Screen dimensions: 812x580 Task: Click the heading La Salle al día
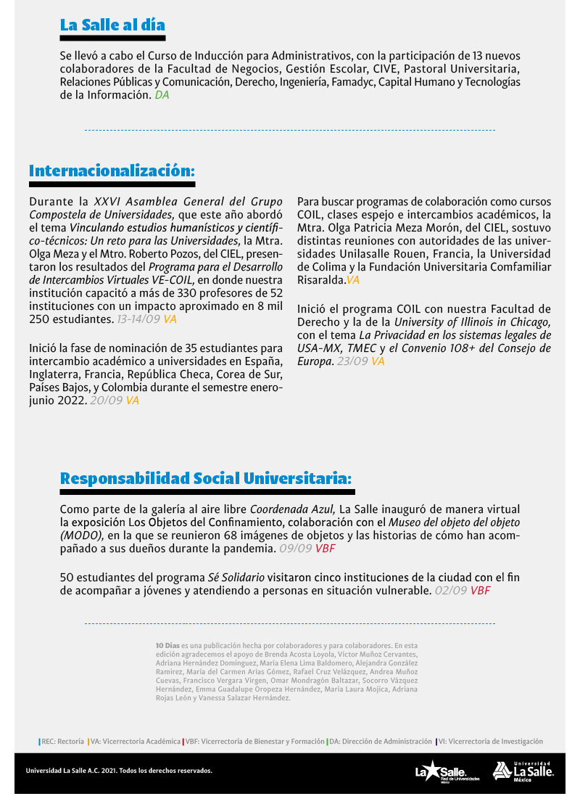(112, 25)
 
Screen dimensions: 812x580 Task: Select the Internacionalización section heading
(112, 171)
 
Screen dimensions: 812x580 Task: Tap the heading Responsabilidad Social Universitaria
(206, 478)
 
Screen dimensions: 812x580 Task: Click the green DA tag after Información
(162, 95)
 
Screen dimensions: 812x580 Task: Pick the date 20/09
(106, 400)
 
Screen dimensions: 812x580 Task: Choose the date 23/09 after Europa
(352, 361)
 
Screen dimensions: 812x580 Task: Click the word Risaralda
(321, 279)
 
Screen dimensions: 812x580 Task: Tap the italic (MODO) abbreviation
(82, 536)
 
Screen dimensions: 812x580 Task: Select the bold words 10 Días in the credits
(167, 644)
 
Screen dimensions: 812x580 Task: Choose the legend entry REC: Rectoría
(61, 742)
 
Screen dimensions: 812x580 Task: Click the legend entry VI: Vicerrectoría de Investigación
(489, 742)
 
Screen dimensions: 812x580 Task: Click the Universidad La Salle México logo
(523, 771)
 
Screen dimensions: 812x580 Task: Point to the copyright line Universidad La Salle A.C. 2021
(119, 771)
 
